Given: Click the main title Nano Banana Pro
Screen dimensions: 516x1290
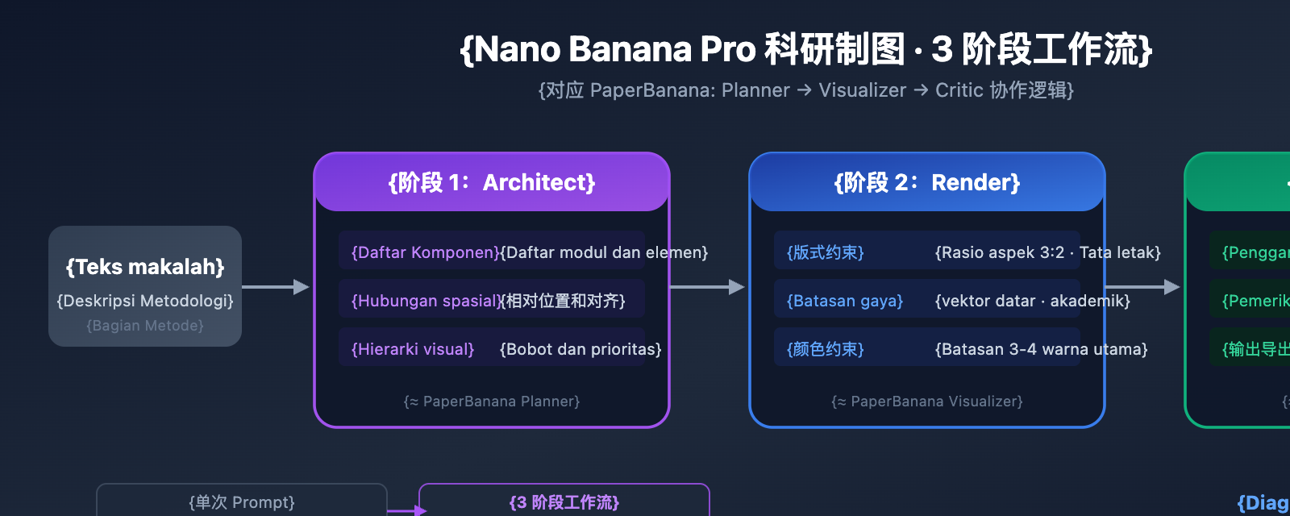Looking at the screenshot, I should pos(805,49).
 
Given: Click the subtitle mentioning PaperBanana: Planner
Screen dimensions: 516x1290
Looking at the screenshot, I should pos(805,90).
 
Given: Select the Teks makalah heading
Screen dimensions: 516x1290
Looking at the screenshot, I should pos(145,267).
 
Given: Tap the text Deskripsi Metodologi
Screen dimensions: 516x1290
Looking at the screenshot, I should pos(145,301).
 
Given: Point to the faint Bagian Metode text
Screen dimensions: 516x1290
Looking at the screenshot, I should pos(145,326).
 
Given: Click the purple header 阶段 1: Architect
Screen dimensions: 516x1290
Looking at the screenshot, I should pos(492,182).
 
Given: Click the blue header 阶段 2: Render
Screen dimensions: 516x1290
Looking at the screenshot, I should pos(927,182).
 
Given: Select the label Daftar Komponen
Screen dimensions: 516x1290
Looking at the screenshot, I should pos(426,252).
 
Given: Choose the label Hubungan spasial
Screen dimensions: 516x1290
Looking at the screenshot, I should pos(426,301).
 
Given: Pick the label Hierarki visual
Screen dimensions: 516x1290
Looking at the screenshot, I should pos(413,349).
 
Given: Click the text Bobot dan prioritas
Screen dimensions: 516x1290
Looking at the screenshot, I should pos(580,349).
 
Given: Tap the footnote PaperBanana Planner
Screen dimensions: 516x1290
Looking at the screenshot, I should pos(492,401).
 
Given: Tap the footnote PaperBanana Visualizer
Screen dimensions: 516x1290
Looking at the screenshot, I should pos(927,401).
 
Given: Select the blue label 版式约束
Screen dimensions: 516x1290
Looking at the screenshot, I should pos(825,252).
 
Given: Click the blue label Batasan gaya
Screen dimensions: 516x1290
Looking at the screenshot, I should pos(844,301).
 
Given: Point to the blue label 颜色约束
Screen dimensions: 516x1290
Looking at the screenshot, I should pos(825,349).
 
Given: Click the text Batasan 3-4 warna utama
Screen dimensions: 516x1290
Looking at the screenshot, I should pos(1041,349).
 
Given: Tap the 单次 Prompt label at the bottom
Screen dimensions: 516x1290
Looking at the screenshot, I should pos(242,502).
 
